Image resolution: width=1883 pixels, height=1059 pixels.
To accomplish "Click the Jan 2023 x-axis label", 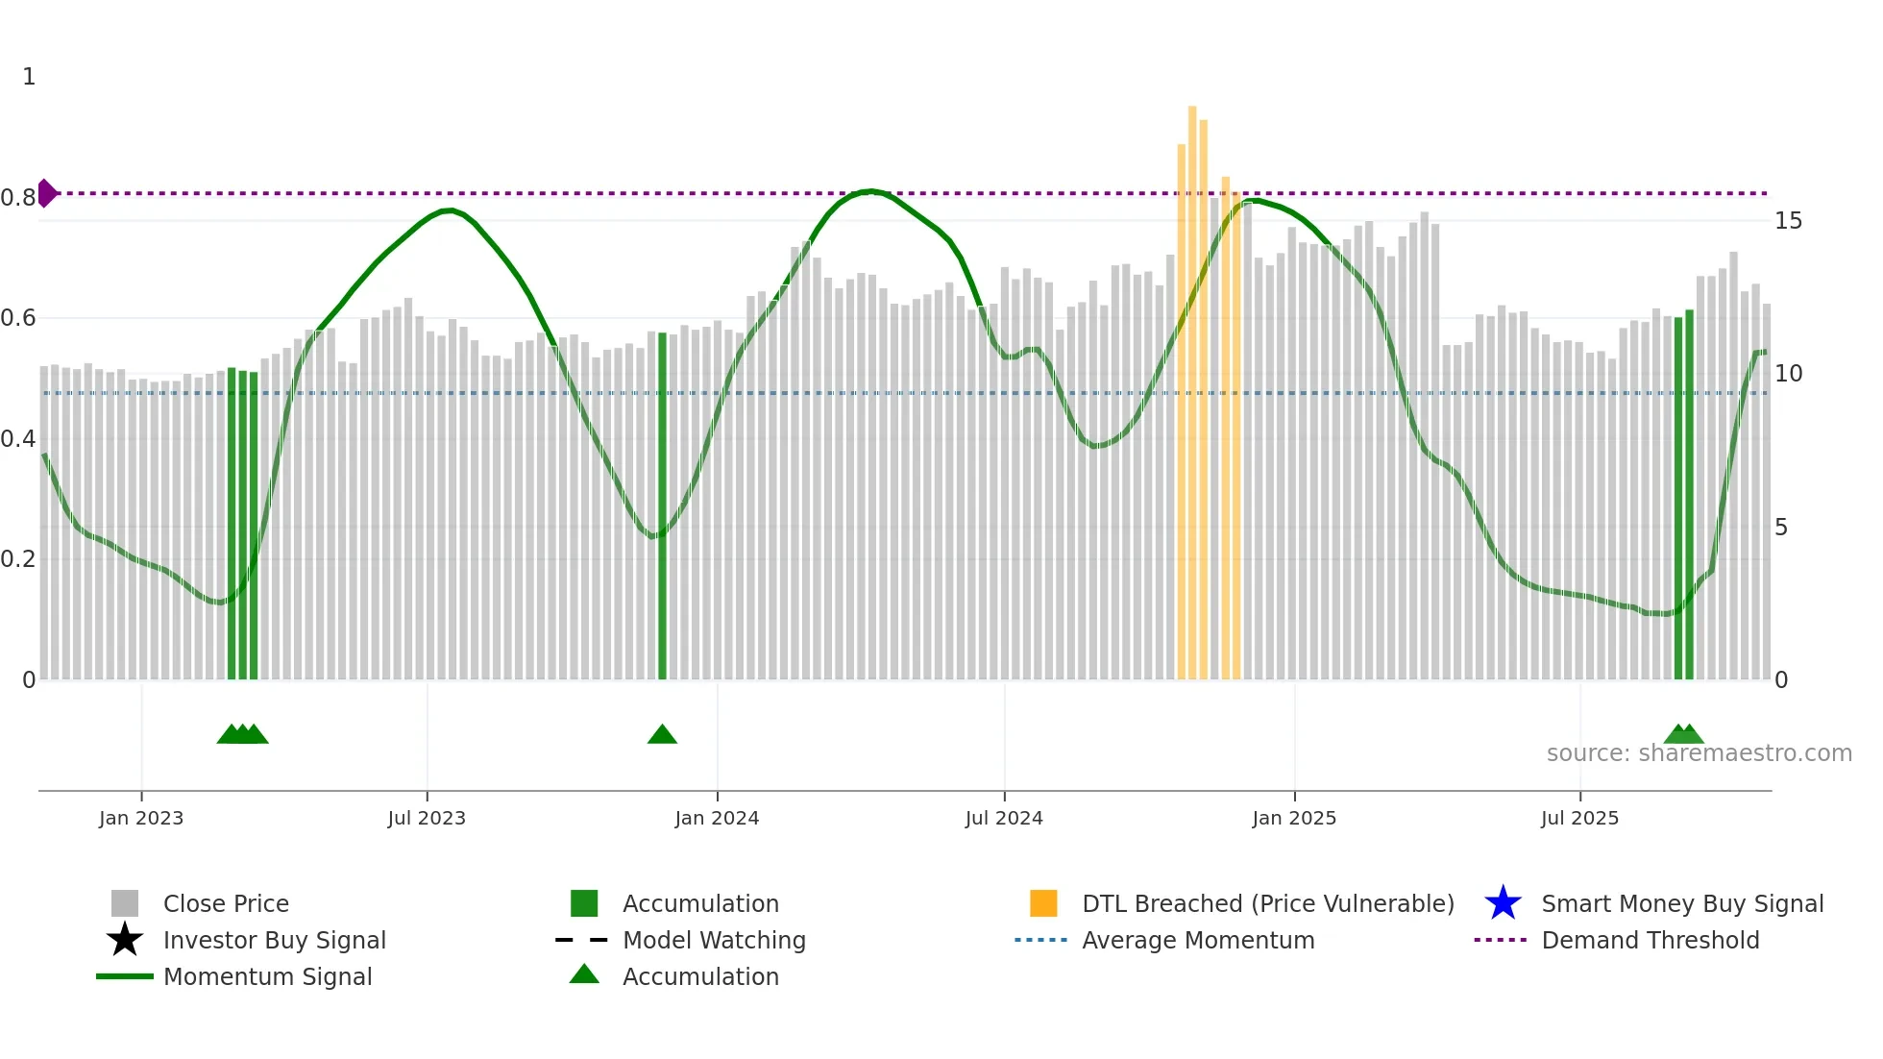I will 141,818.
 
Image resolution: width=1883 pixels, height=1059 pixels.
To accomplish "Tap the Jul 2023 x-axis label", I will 427,818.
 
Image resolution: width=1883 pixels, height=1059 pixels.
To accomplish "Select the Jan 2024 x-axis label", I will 717,818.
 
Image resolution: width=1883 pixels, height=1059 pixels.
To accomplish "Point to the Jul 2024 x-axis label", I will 1004,818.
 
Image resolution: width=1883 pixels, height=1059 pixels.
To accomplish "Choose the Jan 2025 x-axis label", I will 1294,818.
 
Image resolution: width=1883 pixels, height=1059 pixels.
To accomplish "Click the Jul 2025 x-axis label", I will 1579,818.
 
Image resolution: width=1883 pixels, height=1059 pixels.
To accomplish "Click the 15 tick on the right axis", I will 1788,221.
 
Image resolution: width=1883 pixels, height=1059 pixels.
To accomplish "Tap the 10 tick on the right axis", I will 1788,374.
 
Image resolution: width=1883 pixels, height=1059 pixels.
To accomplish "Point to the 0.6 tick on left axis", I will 18,318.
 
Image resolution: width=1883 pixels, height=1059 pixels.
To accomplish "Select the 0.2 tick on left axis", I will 18,559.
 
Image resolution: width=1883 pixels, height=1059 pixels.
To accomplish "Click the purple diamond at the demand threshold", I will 46,193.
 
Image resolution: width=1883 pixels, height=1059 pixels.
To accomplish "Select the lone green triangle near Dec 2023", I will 662,735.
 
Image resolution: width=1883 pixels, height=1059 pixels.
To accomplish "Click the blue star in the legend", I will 1503,903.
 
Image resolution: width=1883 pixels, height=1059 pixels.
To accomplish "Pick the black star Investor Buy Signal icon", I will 125,940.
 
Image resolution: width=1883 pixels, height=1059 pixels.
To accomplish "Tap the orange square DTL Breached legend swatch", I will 1043,903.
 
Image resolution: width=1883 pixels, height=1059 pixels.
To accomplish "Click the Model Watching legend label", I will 714,940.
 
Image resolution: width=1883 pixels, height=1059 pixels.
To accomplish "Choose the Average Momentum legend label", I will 1198,940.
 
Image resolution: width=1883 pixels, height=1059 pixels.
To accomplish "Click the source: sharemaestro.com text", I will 1699,753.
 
